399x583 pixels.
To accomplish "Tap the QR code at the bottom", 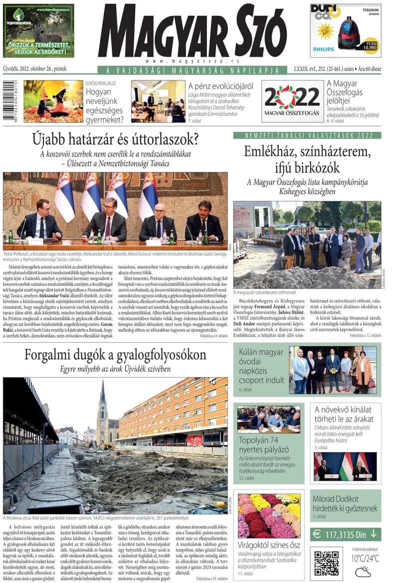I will coord(326,563).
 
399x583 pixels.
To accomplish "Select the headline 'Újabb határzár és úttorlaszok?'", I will coord(115,139).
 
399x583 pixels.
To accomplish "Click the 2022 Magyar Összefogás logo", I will coord(292,101).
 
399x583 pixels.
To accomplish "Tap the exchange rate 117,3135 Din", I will coord(345,534).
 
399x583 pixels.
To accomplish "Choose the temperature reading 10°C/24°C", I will coord(365,558).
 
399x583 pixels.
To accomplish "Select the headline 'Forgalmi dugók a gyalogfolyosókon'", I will coord(115,355).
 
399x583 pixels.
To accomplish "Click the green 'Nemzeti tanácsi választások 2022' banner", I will coord(307,135).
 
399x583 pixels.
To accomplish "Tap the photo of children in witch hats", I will coord(53,101).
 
